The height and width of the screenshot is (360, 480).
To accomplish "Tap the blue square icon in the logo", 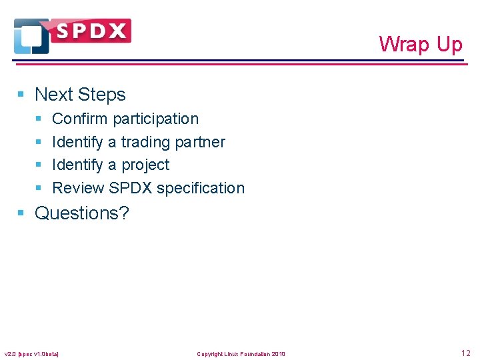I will pos(31,37).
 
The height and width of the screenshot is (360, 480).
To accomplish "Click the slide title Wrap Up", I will pos(420,44).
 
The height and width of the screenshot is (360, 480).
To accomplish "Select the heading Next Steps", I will pos(80,95).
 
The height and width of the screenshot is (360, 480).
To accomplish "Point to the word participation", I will pos(155,119).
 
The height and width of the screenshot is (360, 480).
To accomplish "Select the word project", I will pos(145,165).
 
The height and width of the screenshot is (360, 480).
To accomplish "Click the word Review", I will pos(78,188).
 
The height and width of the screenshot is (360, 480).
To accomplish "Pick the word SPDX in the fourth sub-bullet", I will pos(131,188).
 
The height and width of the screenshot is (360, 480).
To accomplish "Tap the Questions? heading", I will pos(81,213).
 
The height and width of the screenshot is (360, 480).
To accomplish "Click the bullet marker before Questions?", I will pos(21,213).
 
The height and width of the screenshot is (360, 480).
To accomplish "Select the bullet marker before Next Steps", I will pos(21,95).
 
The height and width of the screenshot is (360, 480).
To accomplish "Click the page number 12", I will pos(465,353).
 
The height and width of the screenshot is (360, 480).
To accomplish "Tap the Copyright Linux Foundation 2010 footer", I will pos(241,353).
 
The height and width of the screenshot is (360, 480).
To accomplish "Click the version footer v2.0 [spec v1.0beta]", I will pos(31,353).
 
